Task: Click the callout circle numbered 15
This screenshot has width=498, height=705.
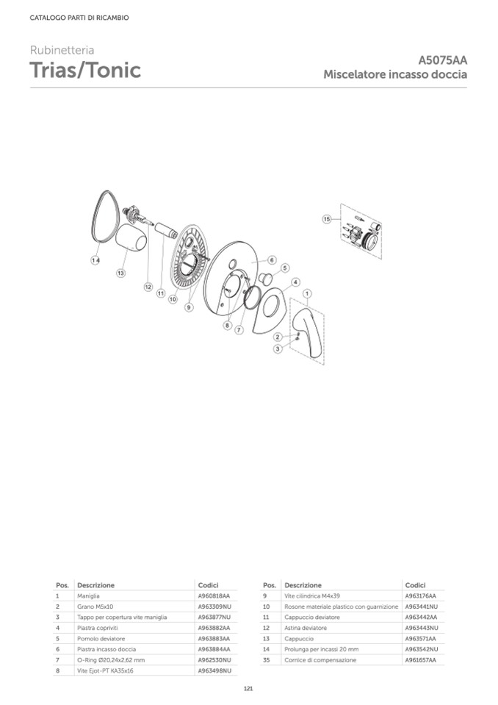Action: tap(326, 219)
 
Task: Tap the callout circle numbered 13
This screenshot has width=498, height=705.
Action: tap(120, 273)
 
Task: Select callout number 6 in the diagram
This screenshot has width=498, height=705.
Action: tap(272, 260)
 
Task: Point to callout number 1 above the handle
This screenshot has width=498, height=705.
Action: tap(307, 293)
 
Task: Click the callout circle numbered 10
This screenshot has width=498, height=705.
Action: tap(173, 299)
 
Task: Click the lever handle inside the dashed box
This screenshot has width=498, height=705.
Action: tap(307, 333)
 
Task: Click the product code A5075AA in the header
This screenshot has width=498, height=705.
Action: tap(442, 60)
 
